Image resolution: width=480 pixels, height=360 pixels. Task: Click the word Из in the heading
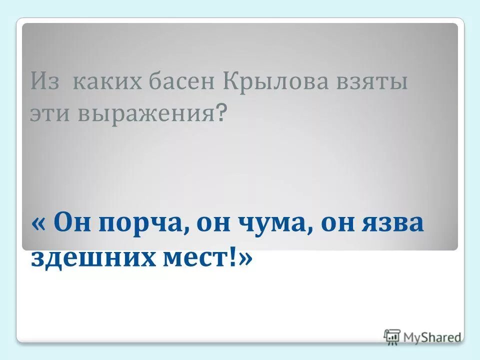(x=44, y=80)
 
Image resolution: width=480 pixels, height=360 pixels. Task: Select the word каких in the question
(x=94, y=81)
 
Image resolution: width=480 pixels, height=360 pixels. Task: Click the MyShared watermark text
(x=432, y=337)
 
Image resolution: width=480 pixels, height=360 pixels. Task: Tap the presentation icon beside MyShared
(x=392, y=336)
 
